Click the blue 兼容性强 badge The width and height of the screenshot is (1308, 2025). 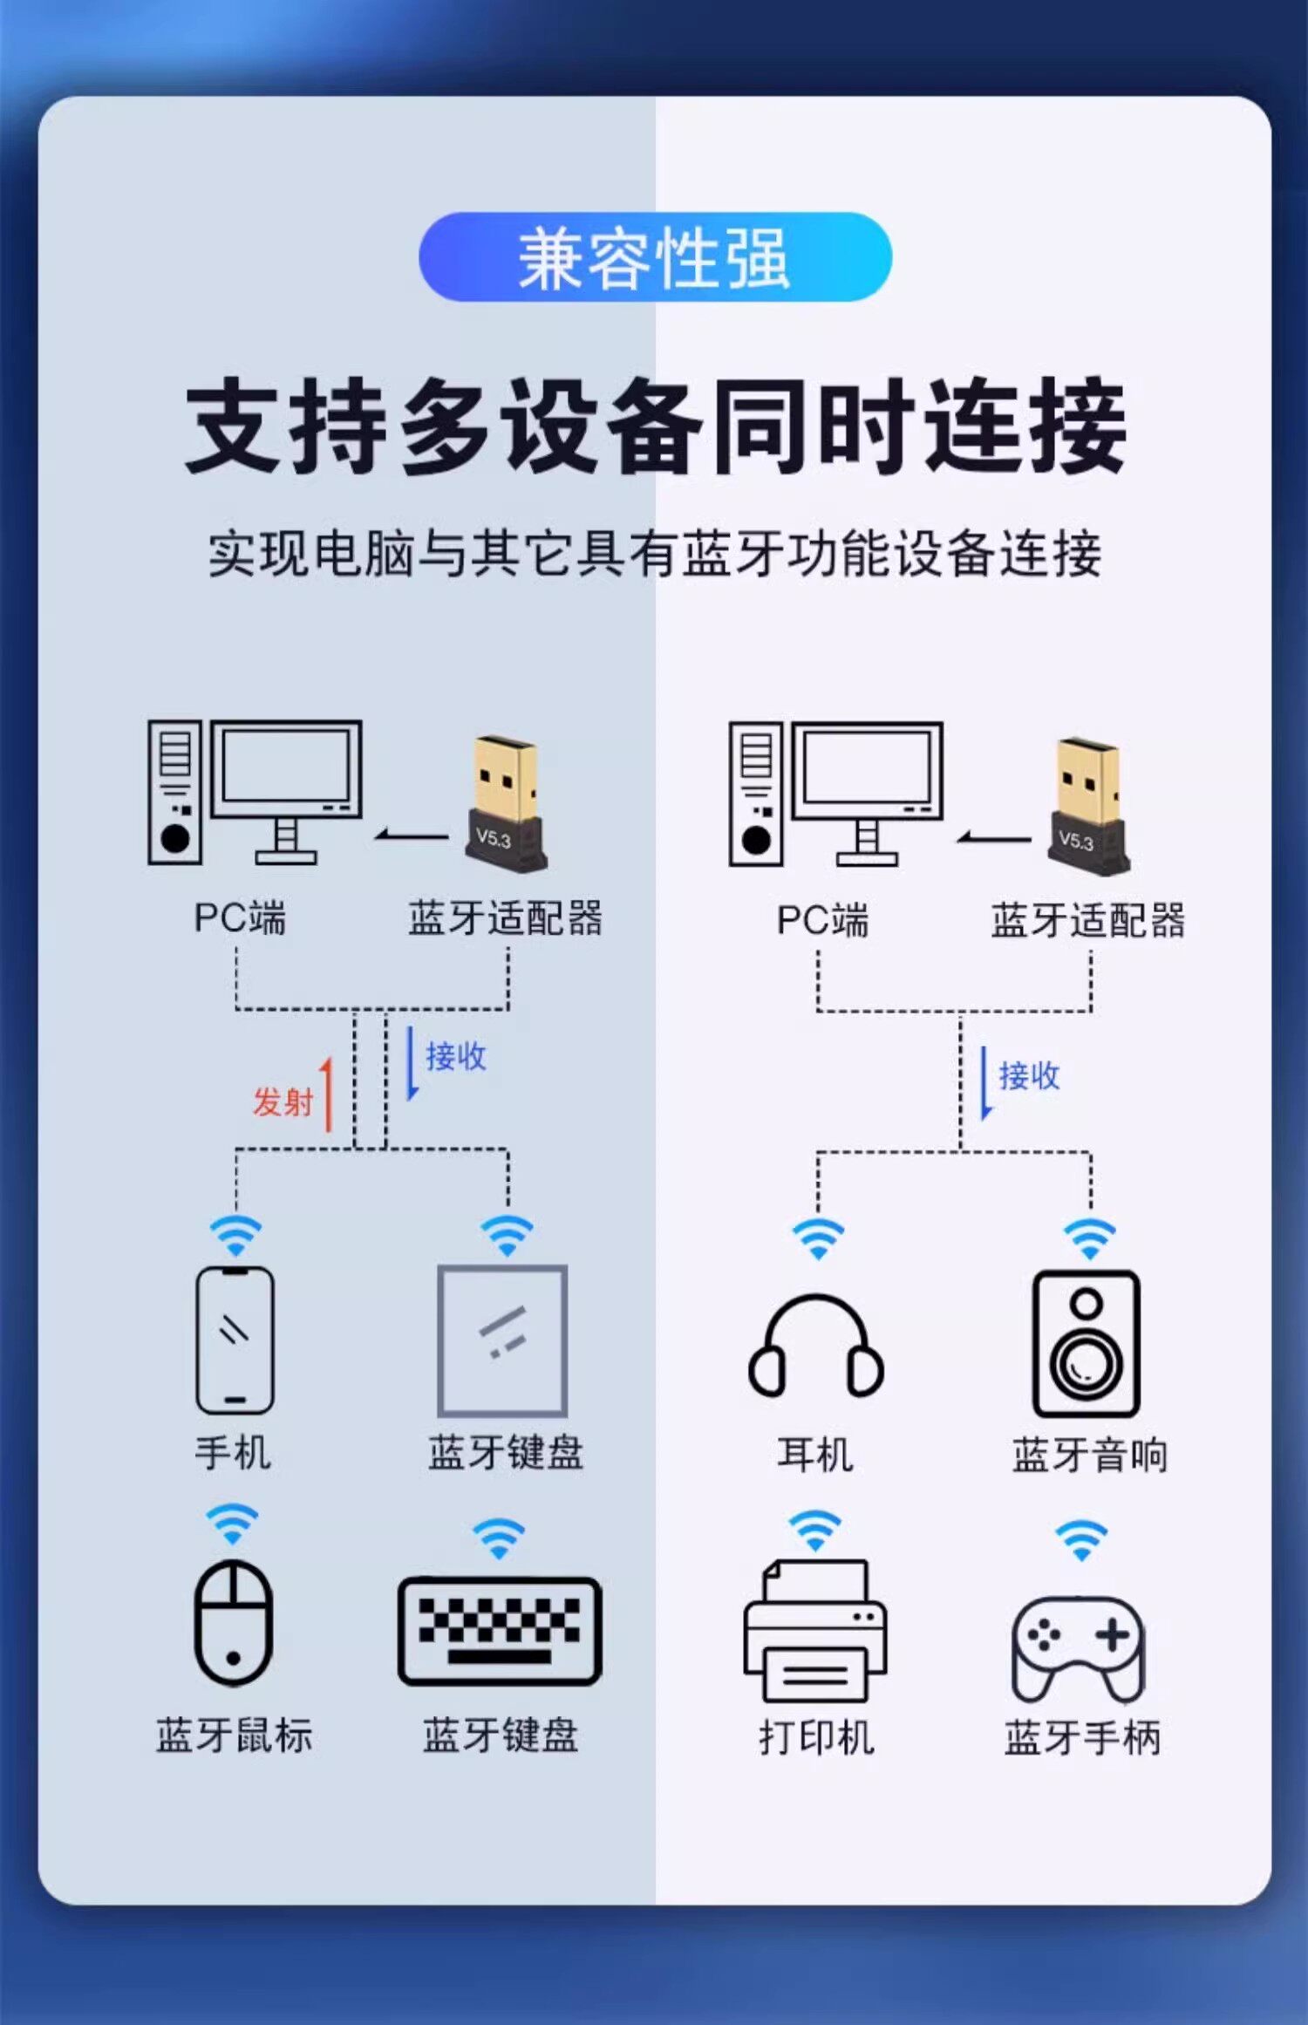tap(655, 257)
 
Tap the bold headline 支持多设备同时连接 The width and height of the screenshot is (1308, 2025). tap(655, 426)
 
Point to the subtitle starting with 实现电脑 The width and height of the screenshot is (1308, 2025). tap(655, 553)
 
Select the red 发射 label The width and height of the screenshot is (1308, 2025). tap(282, 1101)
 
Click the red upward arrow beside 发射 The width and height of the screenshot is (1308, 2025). tap(327, 1094)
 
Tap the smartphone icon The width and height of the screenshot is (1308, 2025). tap(235, 1340)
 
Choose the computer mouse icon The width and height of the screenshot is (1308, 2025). tap(233, 1622)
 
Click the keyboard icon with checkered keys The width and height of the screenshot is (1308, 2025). tap(500, 1630)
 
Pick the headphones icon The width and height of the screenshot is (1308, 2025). tap(815, 1347)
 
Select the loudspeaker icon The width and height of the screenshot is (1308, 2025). tap(1086, 1343)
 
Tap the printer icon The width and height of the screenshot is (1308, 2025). tap(815, 1630)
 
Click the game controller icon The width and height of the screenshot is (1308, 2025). tap(1079, 1647)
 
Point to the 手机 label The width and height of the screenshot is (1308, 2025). tap(233, 1453)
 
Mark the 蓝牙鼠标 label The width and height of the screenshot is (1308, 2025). tap(234, 1735)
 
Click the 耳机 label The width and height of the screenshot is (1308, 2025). tap(815, 1455)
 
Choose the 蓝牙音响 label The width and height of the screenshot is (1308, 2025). tap(1089, 1455)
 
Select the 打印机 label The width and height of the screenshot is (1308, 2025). tap(816, 1736)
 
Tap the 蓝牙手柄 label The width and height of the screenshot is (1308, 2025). tap(1082, 1736)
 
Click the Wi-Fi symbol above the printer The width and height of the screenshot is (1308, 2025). tap(814, 1531)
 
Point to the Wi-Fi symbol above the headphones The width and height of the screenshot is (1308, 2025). tap(817, 1238)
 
